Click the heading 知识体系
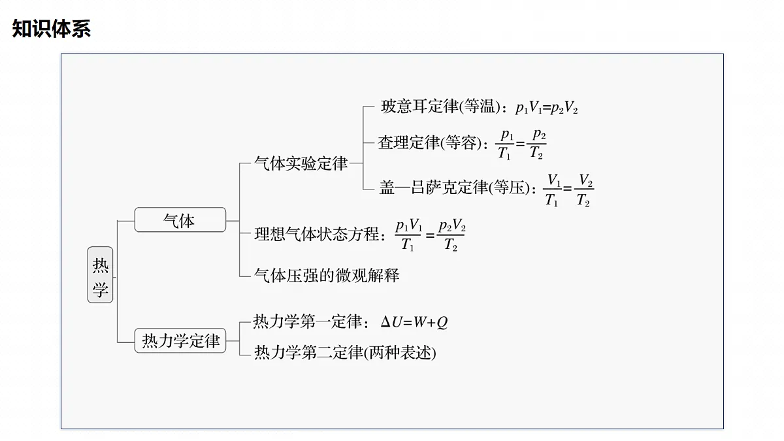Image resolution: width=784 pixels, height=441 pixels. click(x=52, y=28)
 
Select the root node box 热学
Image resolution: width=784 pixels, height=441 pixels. click(x=100, y=275)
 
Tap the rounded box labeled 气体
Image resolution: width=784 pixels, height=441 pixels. click(x=180, y=220)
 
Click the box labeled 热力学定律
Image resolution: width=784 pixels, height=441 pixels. click(x=180, y=340)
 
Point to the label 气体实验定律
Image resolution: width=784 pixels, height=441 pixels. click(x=301, y=163)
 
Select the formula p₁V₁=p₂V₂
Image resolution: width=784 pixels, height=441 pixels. click(x=547, y=107)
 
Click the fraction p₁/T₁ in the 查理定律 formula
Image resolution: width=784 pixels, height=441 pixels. click(x=504, y=144)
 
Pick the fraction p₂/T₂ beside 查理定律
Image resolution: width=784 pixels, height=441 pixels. click(x=536, y=144)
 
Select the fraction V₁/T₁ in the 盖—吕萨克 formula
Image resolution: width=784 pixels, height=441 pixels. click(x=552, y=189)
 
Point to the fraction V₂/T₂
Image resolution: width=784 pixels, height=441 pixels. click(x=584, y=189)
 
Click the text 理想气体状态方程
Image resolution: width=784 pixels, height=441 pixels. click(x=317, y=234)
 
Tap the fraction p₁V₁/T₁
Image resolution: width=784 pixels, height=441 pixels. click(x=408, y=235)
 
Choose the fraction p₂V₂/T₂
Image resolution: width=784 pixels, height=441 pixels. click(x=451, y=235)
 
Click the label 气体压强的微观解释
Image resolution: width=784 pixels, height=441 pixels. click(x=327, y=276)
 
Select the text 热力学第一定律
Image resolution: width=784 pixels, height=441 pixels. click(x=307, y=321)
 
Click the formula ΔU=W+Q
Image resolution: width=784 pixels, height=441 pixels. click(x=414, y=322)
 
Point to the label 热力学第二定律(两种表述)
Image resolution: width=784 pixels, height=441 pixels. click(x=345, y=352)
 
